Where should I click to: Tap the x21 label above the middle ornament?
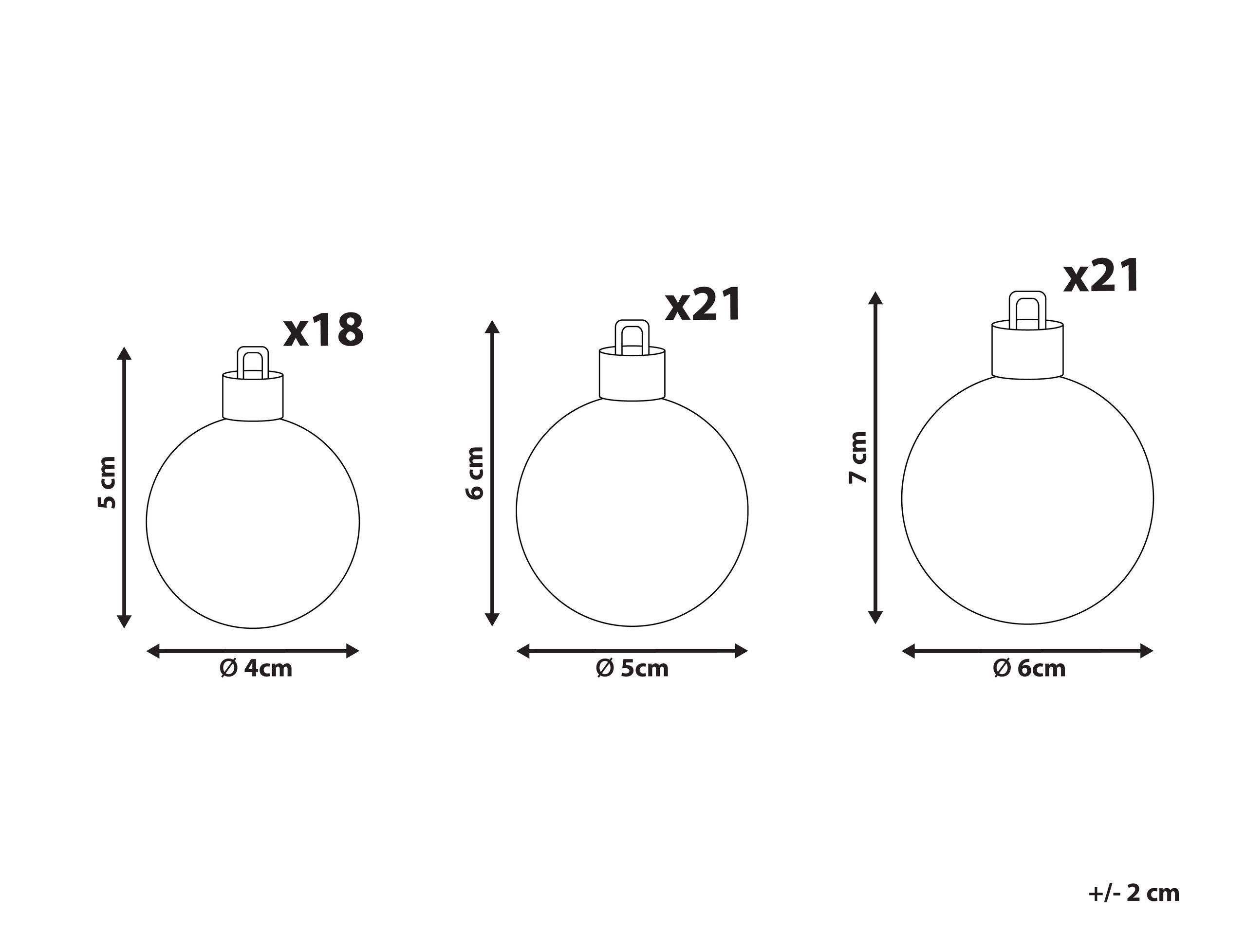point(703,305)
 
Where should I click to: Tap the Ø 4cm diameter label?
point(256,669)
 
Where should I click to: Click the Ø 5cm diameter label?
point(632,669)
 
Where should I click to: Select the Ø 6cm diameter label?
point(1029,669)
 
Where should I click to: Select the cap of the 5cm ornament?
point(632,374)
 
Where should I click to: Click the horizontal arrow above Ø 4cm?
point(253,651)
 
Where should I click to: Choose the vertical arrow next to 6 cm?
point(492,473)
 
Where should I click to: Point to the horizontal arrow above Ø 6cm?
point(1027,651)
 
